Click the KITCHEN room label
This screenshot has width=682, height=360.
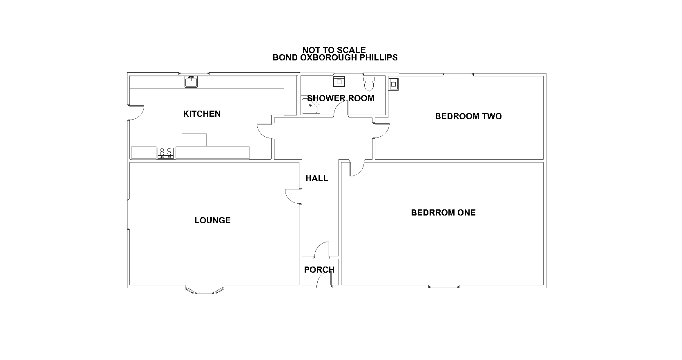click(202, 114)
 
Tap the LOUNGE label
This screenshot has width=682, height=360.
click(212, 220)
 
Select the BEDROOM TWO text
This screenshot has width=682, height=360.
click(468, 116)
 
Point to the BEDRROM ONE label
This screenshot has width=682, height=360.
click(444, 213)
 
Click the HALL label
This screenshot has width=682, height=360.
click(316, 178)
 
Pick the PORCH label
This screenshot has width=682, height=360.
click(319, 270)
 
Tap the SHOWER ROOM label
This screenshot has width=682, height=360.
click(341, 98)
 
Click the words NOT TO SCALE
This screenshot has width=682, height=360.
click(334, 50)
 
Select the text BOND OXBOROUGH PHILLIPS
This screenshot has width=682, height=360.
click(335, 58)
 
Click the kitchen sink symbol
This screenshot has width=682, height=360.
click(191, 82)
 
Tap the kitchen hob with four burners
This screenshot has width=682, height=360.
click(166, 153)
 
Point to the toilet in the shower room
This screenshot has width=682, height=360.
click(369, 84)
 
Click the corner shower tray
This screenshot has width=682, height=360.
click(310, 105)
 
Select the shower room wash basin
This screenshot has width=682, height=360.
click(339, 82)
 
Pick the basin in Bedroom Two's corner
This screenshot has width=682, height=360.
click(393, 84)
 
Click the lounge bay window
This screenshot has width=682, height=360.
click(205, 291)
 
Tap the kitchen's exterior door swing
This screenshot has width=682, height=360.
click(136, 113)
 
